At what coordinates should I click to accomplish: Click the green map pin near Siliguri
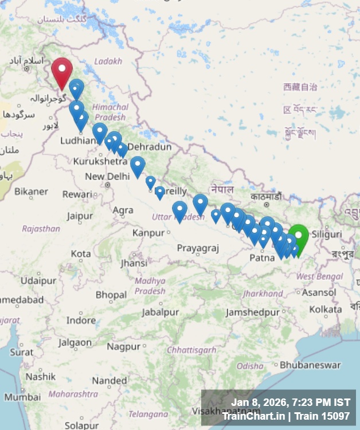298,236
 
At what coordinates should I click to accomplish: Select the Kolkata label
325,310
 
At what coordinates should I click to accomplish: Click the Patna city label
262,258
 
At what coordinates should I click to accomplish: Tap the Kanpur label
148,232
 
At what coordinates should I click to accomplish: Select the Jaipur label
80,216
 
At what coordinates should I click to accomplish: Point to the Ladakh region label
108,61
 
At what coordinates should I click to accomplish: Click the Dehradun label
149,147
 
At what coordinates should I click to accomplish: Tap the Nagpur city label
123,346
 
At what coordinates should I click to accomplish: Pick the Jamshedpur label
252,312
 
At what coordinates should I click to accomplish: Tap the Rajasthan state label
41,228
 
